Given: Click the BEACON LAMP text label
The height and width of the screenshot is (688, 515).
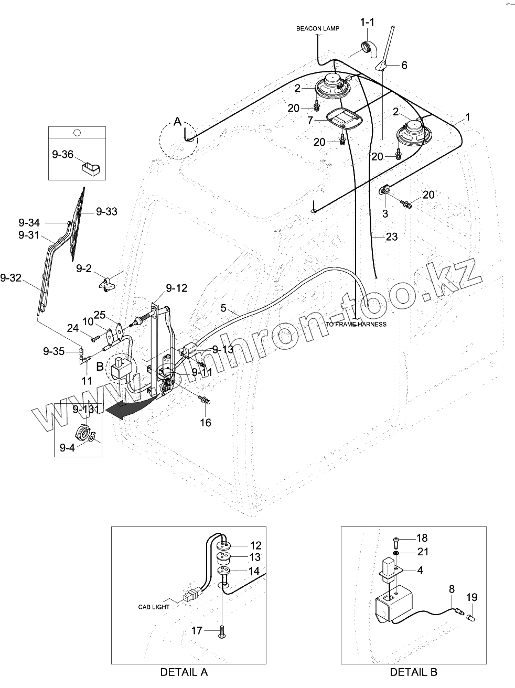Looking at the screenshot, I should click(x=317, y=29).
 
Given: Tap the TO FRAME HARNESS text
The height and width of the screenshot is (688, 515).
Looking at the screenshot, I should click(x=356, y=324).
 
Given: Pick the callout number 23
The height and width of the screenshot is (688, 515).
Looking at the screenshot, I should click(x=391, y=236).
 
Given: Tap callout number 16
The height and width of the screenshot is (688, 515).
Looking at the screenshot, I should click(x=206, y=422).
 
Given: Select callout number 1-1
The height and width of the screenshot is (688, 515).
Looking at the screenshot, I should click(x=367, y=22).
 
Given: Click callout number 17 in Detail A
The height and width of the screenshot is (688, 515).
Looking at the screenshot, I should click(x=196, y=631).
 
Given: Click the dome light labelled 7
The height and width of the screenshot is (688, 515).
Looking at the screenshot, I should click(x=340, y=117).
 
